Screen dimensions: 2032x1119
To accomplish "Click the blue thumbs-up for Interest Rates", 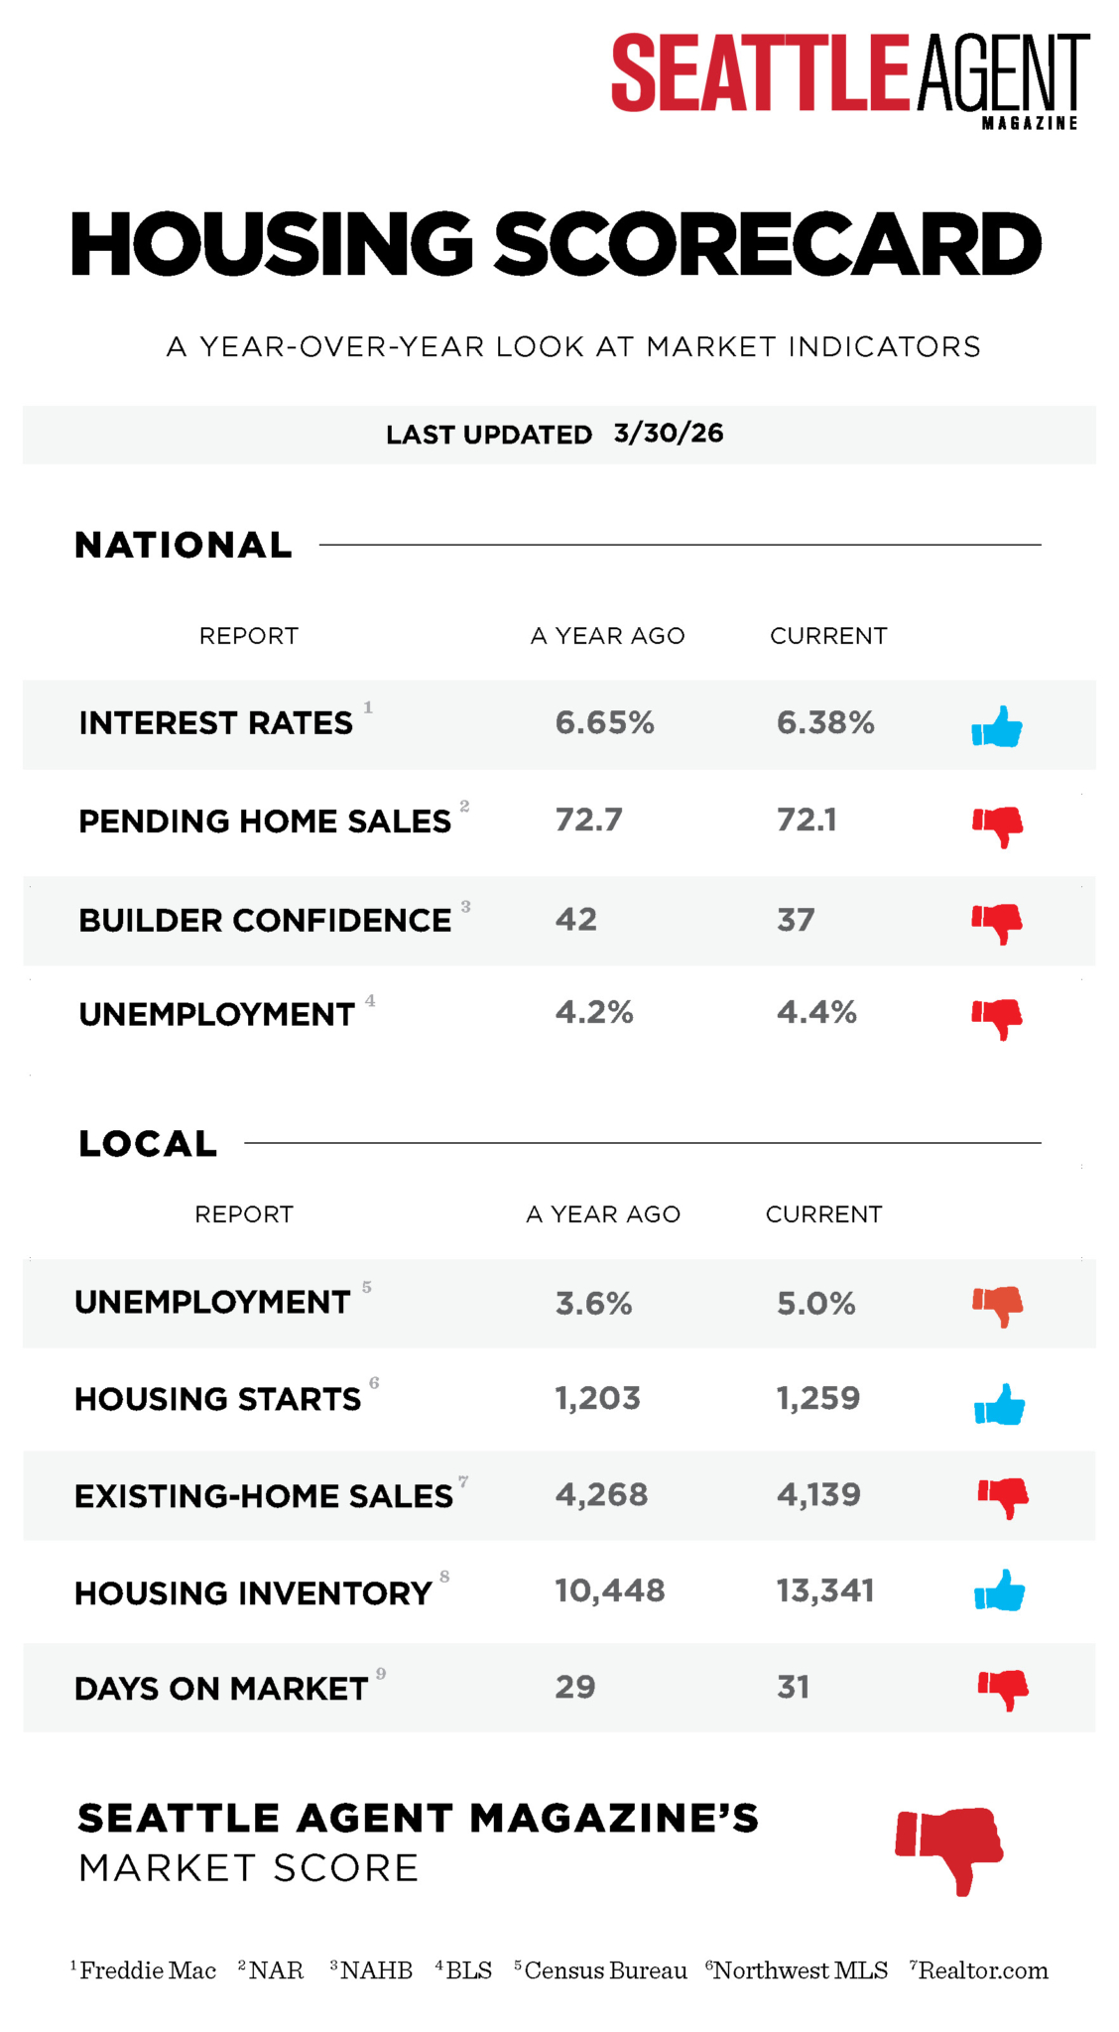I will (x=997, y=726).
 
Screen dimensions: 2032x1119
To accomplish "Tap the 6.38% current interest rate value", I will (x=825, y=722).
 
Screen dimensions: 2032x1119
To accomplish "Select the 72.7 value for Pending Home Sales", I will (x=588, y=820).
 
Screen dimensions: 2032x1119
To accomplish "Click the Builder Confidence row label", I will (x=265, y=920).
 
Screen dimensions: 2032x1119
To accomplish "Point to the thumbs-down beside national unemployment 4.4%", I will (x=997, y=1018).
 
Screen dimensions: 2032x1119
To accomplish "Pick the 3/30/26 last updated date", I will (x=669, y=434).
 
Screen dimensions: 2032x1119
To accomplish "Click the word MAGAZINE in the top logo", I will (x=1029, y=123).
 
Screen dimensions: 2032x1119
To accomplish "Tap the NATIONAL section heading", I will (x=184, y=545).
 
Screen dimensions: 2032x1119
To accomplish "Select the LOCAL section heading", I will (x=148, y=1143).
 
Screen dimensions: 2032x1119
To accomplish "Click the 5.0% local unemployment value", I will (x=815, y=1303).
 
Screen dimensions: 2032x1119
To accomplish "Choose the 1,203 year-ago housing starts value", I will (x=597, y=1398).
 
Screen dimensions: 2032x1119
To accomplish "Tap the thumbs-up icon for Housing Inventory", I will (x=999, y=1590).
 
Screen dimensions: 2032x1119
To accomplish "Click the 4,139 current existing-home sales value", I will (x=818, y=1494).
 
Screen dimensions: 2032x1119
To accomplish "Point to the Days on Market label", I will (x=221, y=1688).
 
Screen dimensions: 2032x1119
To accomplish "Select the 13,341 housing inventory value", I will (x=824, y=1590).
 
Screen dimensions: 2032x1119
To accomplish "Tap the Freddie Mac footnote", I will (x=147, y=1970).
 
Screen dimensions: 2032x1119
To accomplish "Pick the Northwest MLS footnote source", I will (x=800, y=1970).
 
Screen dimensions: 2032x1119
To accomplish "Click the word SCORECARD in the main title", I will (x=768, y=244).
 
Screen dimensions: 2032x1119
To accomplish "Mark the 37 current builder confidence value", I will (x=795, y=920).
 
